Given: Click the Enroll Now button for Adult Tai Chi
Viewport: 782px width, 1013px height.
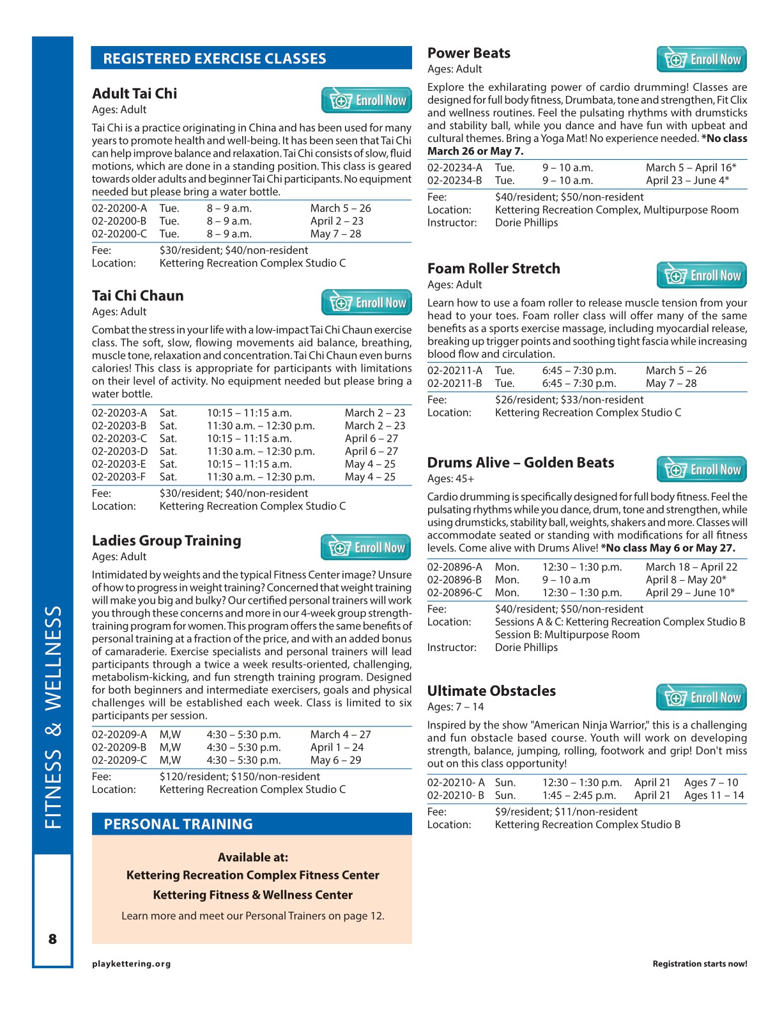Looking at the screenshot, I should pos(366,100).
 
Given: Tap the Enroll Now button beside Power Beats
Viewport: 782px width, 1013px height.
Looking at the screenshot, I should pos(701,59).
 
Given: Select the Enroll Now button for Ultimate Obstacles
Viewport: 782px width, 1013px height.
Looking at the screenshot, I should pos(701,698).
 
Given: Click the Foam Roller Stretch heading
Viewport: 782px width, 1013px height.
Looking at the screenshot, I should pos(493,269).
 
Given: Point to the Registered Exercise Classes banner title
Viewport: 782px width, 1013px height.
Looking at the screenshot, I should pos(215,59).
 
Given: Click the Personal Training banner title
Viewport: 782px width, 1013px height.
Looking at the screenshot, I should pos(178,824).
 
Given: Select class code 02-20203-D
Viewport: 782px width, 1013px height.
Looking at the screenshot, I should pos(119,452).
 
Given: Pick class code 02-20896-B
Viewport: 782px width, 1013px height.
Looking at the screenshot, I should pos(455,580).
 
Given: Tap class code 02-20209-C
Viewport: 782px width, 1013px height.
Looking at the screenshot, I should pos(119,760).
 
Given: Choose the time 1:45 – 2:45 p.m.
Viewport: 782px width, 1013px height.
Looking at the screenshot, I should pos(579,796).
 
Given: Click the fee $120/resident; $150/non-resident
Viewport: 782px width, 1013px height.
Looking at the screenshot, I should pos(240,777).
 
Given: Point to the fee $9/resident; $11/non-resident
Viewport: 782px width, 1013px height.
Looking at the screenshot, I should pos(566,812).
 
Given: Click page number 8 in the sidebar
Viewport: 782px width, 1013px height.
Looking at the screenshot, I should pos(52,939).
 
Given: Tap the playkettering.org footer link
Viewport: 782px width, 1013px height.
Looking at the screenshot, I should pos(131,964).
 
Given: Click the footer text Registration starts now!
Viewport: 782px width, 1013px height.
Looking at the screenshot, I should pos(700,964).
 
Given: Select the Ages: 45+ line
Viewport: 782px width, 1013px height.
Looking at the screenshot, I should pos(450,479).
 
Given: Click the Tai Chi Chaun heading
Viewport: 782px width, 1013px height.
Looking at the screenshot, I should pos(137,296).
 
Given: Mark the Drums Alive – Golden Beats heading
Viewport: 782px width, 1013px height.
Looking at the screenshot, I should pos(520,463).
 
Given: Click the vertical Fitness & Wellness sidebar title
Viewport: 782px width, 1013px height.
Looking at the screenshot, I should pos(53,716).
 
